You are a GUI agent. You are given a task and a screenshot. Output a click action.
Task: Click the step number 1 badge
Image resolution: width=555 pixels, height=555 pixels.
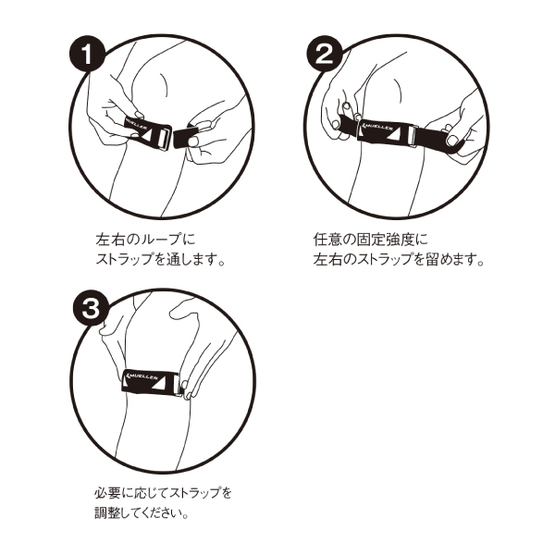pos(87,55)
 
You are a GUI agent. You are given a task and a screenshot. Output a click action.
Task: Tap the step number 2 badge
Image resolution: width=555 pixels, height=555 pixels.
pos(325,55)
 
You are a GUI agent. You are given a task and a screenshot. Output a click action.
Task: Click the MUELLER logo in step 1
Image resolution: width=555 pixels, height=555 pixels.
pos(136,124)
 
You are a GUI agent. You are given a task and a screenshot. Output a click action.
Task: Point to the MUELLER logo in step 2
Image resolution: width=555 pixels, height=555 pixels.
pos(376,126)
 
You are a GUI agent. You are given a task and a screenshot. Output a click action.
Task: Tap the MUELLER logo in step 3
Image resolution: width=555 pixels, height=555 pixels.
pos(142,376)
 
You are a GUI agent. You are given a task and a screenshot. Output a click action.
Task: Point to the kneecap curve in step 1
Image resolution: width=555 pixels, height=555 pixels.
pos(164,84)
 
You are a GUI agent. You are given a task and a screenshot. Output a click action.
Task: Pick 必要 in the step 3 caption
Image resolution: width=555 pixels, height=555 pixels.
pos(107,492)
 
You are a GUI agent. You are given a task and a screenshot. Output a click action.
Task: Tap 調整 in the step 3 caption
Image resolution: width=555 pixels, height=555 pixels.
pos(107,512)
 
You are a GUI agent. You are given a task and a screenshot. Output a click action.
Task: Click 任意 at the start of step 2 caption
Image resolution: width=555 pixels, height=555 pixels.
pos(327,240)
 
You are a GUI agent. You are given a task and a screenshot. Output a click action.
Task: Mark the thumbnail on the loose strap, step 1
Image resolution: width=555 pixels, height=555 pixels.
pos(193,142)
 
